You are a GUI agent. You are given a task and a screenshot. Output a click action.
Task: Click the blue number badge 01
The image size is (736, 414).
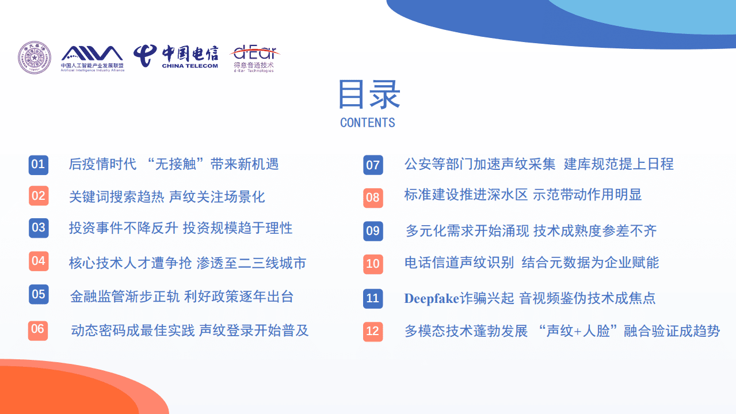[38, 165]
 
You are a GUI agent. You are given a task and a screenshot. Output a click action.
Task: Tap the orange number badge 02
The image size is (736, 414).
[38, 196]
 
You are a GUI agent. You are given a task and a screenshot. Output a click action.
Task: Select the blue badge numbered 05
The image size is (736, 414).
[38, 295]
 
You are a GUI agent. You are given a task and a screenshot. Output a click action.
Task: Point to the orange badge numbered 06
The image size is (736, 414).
[38, 329]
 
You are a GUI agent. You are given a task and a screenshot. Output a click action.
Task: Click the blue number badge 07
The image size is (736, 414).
[373, 166]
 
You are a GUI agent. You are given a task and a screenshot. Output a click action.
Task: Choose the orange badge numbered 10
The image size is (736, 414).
[373, 264]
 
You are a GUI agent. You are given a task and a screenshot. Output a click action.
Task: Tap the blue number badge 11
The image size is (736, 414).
[373, 298]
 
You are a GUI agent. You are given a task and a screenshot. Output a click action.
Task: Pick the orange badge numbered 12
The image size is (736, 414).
[373, 331]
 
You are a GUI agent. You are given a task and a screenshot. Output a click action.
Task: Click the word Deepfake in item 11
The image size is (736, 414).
[432, 298]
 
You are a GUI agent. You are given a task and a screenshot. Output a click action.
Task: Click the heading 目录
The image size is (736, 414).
[368, 95]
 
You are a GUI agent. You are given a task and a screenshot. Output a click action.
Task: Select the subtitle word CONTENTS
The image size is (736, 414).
[368, 123]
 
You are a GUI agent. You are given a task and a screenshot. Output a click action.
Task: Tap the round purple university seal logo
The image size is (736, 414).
[35, 58]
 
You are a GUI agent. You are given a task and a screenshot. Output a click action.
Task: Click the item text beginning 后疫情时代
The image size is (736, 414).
[173, 164]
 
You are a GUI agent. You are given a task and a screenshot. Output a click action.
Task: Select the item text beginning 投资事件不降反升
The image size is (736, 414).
[180, 228]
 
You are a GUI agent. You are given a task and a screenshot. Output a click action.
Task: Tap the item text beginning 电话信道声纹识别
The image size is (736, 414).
[531, 263]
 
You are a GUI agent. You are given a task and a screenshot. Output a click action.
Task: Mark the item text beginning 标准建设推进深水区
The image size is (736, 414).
[523, 195]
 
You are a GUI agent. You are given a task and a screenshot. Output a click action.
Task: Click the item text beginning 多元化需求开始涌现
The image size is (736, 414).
[531, 231]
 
